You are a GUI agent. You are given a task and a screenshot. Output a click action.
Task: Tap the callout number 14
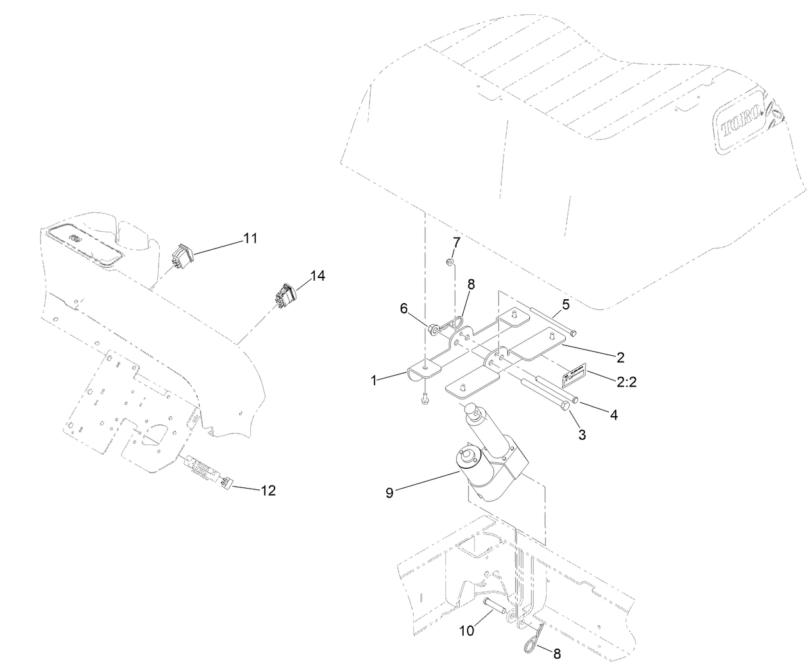pos(318,275)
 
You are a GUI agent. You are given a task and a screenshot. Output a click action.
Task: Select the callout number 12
pos(268,491)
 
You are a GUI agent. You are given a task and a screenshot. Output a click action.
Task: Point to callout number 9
pos(389,493)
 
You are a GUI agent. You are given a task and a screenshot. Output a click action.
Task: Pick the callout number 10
pos(466,631)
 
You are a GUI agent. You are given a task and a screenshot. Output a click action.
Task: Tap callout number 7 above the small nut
pos(456,242)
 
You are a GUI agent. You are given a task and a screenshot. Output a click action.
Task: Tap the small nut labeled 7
pos(450,262)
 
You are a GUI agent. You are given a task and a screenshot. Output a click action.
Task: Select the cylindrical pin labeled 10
pos(497,605)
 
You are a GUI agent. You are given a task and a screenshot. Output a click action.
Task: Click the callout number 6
pos(404,309)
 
